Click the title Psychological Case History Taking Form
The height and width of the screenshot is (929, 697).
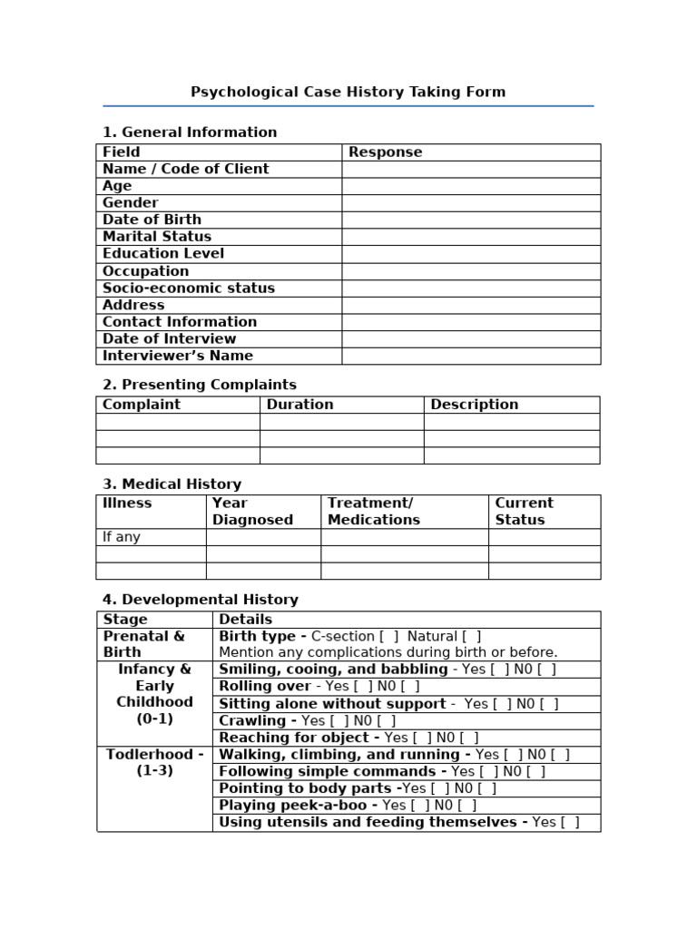[x=348, y=92]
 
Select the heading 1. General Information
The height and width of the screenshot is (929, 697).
[x=190, y=132]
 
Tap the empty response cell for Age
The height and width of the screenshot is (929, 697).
[x=470, y=186]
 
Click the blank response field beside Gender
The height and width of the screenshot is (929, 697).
[x=470, y=203]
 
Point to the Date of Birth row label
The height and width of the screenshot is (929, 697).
[x=152, y=220]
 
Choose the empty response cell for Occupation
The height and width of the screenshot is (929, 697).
[x=470, y=271]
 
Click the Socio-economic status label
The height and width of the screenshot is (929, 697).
[x=188, y=288]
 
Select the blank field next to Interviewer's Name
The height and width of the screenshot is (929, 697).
[x=470, y=357]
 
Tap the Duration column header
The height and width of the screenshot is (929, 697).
[x=299, y=405]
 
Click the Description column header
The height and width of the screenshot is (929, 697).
[x=474, y=405]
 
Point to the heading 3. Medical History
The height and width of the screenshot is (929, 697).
[x=172, y=484]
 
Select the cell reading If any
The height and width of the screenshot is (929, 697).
[x=122, y=537]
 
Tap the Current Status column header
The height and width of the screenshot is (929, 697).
[x=524, y=512]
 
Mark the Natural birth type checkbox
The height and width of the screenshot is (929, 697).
[x=472, y=637]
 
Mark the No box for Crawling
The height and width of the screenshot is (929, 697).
[x=387, y=721]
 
